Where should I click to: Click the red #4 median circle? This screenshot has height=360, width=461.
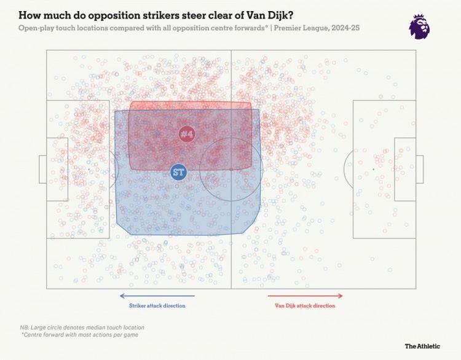point(187,134)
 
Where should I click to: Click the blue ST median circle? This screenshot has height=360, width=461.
point(178,172)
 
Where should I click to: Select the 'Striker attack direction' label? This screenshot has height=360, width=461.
point(157,305)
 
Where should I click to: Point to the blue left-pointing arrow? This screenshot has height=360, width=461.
point(157,296)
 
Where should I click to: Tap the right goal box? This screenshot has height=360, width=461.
point(420,169)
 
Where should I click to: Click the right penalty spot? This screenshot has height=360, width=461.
point(373,169)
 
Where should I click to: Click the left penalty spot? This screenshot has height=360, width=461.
point(89,169)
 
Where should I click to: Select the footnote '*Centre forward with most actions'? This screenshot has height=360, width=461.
point(79,335)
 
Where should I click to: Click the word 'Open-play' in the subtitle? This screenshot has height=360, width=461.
point(36,28)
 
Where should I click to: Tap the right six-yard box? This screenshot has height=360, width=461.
point(404,169)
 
